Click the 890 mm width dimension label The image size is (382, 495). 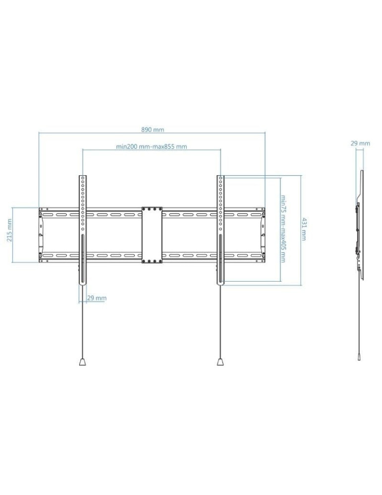[153, 129]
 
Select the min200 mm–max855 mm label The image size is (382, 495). [152, 147]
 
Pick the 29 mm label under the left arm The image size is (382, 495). [97, 298]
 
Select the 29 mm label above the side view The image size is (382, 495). [360, 144]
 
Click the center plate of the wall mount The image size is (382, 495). [152, 235]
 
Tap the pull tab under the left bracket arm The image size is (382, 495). [83, 362]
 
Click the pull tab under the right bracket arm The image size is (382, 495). [220, 362]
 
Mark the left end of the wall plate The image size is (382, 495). [41, 235]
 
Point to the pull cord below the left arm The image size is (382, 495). [83, 322]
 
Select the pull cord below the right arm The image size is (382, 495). [220, 322]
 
